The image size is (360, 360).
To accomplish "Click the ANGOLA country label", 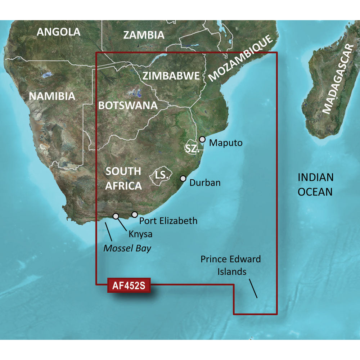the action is [x=59, y=32].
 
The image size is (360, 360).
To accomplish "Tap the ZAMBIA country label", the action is [x=144, y=35].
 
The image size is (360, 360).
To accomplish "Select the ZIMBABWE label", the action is [x=171, y=76].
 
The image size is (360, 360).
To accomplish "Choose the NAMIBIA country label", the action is [x=52, y=96].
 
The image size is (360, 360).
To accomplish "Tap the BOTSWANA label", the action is [x=128, y=105].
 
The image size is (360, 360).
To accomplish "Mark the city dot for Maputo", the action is [x=202, y=139].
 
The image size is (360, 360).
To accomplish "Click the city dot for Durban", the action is [x=183, y=178].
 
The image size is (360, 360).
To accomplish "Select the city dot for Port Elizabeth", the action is [x=135, y=215].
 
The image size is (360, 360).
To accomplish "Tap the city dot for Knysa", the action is [x=116, y=216].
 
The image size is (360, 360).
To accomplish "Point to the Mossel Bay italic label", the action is [x=127, y=248].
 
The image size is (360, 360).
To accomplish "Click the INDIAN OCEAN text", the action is [x=315, y=184].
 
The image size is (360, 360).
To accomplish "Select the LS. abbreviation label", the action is [x=162, y=176].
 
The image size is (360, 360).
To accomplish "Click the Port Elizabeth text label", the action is [x=168, y=220].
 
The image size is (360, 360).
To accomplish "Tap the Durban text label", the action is [x=205, y=183].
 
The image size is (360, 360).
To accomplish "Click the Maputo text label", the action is [x=226, y=143].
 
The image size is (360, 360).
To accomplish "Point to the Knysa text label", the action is [x=140, y=234].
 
